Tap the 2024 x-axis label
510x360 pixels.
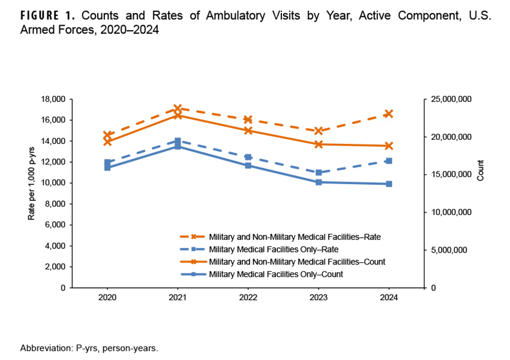point(389,297)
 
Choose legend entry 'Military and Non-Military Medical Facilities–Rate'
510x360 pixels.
point(294,236)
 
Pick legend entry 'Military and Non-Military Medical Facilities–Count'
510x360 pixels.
point(296,262)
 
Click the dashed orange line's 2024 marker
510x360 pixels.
point(389,113)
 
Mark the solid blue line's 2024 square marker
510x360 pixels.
point(389,184)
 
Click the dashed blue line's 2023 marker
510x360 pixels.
point(319,172)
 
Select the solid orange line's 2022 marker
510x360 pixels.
point(248,130)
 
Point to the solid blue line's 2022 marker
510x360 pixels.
point(248,165)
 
